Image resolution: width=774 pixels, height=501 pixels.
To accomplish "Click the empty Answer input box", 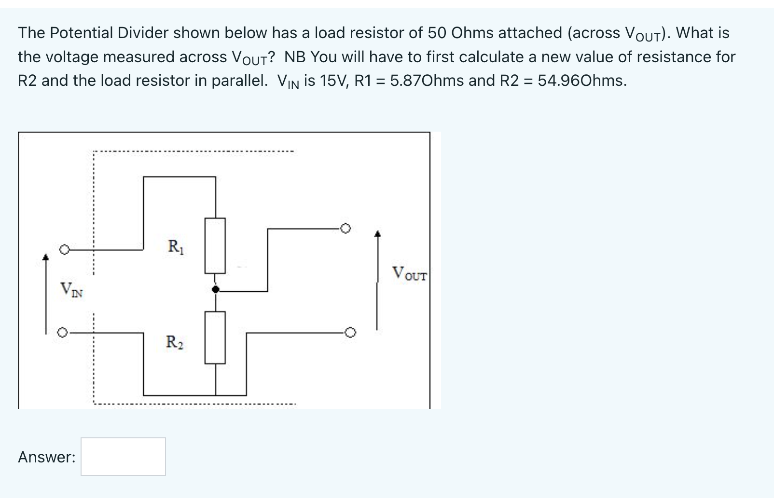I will coord(123,456).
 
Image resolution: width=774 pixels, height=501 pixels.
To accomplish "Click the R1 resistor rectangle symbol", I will coord(215,245).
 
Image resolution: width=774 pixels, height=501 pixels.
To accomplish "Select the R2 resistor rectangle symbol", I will coord(215,337).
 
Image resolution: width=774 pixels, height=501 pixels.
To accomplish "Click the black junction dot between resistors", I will coord(216,289).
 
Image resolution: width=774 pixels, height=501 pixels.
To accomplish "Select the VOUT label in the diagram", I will coord(409,274).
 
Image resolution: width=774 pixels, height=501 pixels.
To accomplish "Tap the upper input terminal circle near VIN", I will coord(64,250).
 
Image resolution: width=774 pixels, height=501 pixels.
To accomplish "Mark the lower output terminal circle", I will coord(351,332).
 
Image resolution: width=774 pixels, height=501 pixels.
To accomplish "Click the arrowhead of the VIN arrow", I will coord(46,257).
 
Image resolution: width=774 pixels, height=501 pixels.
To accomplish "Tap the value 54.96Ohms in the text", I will coord(582,81).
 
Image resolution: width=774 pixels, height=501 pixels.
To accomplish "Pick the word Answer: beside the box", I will coord(47,457).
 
